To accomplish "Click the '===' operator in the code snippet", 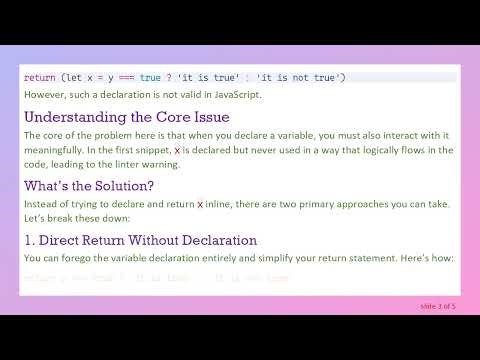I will pos(132,77).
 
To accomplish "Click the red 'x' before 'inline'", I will pos(200,204).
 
